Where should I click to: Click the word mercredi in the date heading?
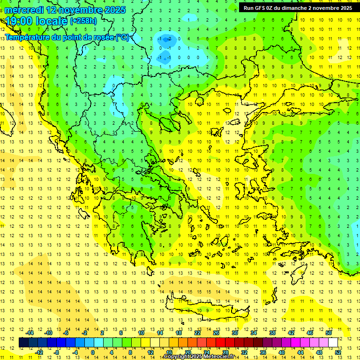[x=24, y=10]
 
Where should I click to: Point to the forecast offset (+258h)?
[x=83, y=21]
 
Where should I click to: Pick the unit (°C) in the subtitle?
[x=122, y=37]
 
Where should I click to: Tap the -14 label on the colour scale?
[x=30, y=333]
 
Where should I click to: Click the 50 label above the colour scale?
[x=329, y=333]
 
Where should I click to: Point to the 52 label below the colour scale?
[x=338, y=352]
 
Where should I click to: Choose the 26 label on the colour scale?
[x=216, y=333]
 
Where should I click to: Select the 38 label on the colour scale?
[x=272, y=333]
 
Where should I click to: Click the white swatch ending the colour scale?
[x=333, y=343]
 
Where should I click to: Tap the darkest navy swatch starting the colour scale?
[x=23, y=343]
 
